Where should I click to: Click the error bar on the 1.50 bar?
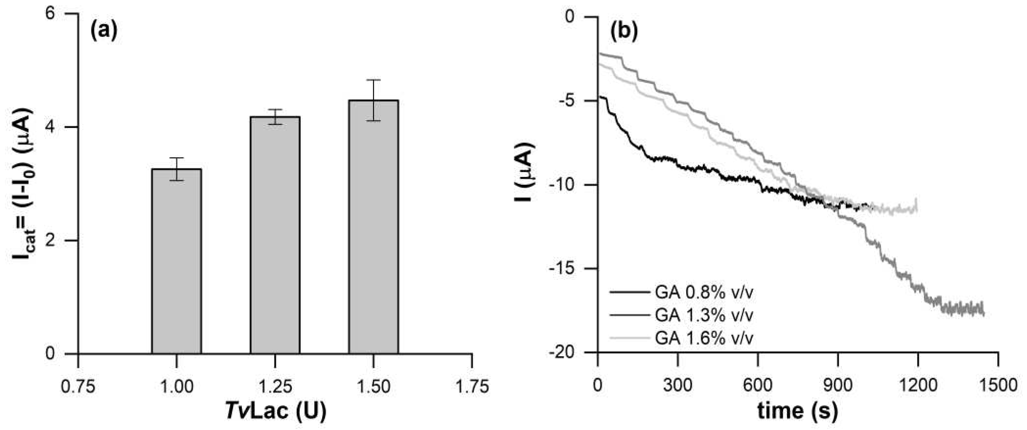tap(374, 100)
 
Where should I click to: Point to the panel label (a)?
tap(104, 31)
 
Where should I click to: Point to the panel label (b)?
tap(624, 31)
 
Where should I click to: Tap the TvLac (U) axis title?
tap(275, 411)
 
